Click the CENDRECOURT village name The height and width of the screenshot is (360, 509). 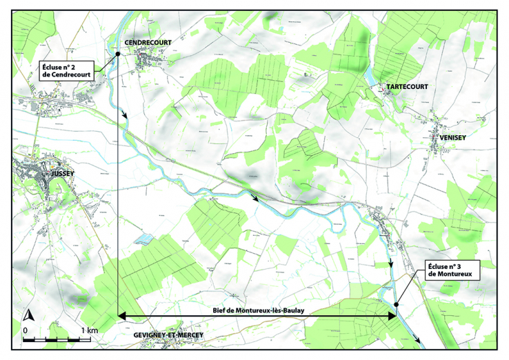pos(148,43)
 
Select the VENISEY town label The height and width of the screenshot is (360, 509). pos(452,138)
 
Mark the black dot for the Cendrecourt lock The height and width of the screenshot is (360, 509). pos(117,54)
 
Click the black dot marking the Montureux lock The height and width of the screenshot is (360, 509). pos(397,304)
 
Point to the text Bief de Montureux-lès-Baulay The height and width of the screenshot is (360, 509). pos(259,311)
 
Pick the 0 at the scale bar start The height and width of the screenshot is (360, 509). pos(25,331)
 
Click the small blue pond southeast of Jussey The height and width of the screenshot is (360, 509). pos(143,239)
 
